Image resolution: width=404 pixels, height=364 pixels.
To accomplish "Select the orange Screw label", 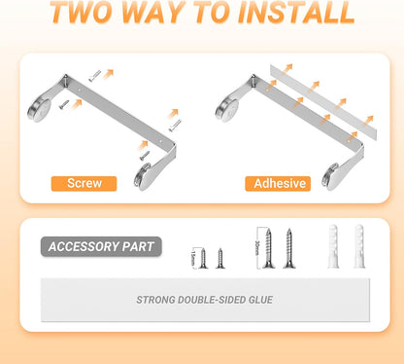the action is click(84, 184).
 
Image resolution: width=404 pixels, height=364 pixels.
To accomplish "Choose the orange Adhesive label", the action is click(278, 184).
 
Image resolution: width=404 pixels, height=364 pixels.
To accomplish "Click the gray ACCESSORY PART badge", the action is click(101, 247).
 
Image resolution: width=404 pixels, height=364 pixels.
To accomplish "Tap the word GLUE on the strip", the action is click(260, 300).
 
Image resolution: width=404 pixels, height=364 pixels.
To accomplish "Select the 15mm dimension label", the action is click(193, 258).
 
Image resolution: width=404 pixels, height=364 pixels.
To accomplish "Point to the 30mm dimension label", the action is click(258, 248).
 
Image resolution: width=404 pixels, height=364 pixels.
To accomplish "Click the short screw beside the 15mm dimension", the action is click(203, 258).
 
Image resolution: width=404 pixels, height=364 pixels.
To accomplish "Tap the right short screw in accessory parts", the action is click(220, 258).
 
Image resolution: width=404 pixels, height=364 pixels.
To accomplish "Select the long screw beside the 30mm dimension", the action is click(268, 248).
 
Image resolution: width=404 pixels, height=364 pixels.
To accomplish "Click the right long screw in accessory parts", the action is click(289, 248).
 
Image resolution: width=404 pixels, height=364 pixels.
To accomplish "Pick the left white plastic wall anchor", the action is click(333, 246).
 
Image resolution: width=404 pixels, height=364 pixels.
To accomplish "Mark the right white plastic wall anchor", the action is click(359, 246).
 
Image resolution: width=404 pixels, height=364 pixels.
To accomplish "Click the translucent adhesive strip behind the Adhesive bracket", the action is click(323, 102).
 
